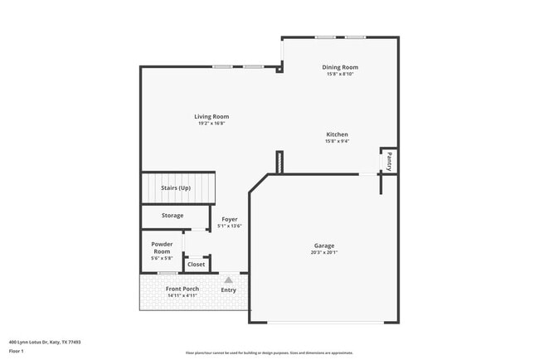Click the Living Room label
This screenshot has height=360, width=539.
[211, 117]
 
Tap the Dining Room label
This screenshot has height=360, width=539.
[340, 67]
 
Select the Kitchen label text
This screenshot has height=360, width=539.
[337, 134]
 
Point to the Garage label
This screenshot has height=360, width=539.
[323, 246]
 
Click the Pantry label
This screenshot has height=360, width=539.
[389, 161]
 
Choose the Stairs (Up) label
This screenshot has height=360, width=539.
[176, 188]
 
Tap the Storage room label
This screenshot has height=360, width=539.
[172, 216]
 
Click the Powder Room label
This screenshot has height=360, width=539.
[161, 247]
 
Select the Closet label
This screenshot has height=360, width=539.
[196, 265]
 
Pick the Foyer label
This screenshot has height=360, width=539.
[230, 219]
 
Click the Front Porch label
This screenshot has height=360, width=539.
[182, 289]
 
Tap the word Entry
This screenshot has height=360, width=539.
[228, 290]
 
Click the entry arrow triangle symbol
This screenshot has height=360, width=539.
[228, 280]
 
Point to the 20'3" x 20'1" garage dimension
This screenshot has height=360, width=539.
[323, 253]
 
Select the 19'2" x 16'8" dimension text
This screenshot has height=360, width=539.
[211, 124]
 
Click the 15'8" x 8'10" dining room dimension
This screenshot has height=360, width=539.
[340, 74]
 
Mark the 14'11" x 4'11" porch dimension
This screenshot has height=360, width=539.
[182, 295]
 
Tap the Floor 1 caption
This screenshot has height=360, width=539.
[17, 351]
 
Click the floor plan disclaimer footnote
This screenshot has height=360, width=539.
[269, 353]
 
